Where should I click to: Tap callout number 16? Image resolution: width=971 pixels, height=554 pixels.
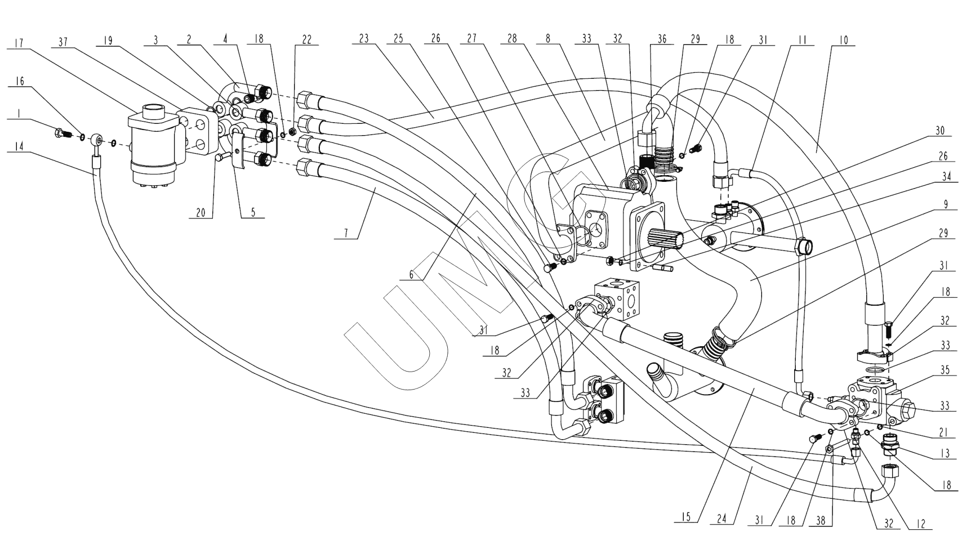coord(20,81)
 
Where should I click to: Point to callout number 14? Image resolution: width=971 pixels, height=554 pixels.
coord(20,146)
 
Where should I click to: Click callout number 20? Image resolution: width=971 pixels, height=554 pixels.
coord(201,212)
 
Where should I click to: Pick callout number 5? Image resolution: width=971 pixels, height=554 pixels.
coord(253,212)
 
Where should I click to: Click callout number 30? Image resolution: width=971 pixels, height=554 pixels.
coord(939,131)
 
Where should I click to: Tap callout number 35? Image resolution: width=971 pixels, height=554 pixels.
coord(945,370)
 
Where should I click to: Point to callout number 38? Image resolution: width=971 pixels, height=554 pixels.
coord(821,521)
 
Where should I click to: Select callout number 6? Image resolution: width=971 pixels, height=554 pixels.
coord(412,275)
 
